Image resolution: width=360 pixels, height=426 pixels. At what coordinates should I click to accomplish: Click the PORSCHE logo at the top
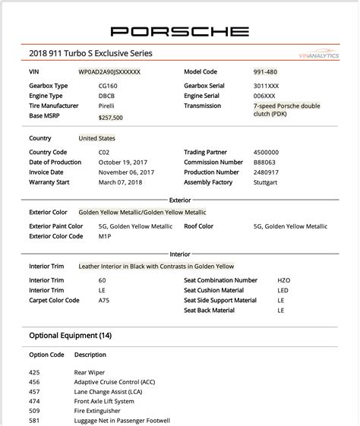pos(179,31)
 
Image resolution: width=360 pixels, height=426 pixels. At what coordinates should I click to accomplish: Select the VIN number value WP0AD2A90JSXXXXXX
pos(109,71)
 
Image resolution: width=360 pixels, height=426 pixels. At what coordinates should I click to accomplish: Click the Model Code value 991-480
pos(266,71)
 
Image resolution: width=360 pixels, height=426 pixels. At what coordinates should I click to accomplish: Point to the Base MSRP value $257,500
pos(111,118)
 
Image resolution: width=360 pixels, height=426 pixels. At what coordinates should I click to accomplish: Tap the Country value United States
pos(96,139)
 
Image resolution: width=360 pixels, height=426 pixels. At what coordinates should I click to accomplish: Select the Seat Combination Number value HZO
pos(284,280)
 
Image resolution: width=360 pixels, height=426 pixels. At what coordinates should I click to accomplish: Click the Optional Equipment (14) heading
pos(71,335)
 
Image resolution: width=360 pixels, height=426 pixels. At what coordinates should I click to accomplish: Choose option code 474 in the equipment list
pos(34,400)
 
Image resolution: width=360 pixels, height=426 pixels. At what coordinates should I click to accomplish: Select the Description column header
pos(90,355)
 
